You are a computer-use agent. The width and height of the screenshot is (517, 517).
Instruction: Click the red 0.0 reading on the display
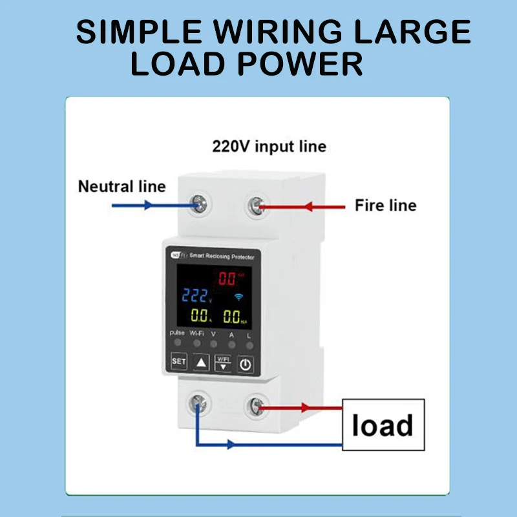pyautogui.click(x=228, y=279)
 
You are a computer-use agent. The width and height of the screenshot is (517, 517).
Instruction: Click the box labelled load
pyautogui.click(x=383, y=425)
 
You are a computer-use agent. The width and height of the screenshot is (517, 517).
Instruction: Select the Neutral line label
pyautogui.click(x=121, y=187)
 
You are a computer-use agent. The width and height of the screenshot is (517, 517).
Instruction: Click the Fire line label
pyautogui.click(x=385, y=206)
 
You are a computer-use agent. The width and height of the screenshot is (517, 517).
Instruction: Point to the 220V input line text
pyautogui.click(x=269, y=147)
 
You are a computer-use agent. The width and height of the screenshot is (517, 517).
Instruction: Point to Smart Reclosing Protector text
pyautogui.click(x=220, y=257)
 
